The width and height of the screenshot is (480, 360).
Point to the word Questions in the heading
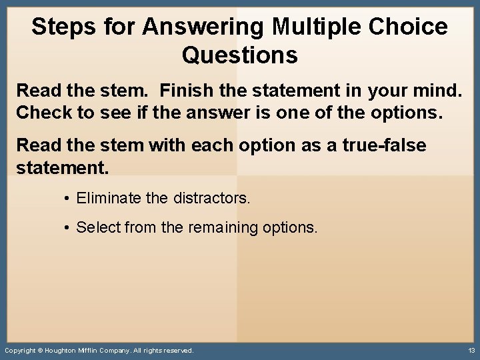click(239, 55)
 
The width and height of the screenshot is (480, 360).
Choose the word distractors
click(211, 198)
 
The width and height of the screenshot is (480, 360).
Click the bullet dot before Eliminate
click(68, 198)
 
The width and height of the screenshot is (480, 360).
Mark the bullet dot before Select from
click(68, 228)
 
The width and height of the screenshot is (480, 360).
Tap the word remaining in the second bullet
click(223, 228)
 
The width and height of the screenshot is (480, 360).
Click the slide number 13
click(471, 350)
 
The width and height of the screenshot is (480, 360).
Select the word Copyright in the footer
click(19, 351)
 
